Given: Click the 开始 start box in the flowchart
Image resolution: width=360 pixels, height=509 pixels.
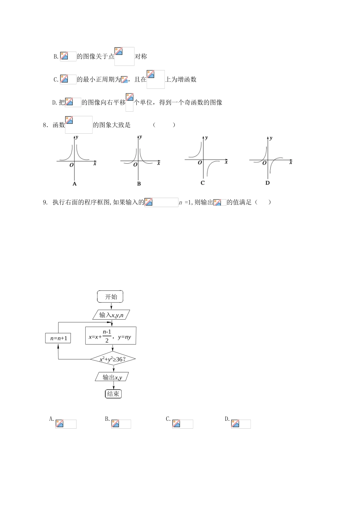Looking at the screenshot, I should (x=110, y=297).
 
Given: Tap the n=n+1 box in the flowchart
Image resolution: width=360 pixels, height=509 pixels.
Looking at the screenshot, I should (x=58, y=338).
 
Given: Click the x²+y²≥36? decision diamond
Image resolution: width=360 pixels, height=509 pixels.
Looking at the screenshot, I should (x=113, y=359).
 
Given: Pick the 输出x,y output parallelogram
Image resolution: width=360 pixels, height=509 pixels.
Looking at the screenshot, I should (x=112, y=377).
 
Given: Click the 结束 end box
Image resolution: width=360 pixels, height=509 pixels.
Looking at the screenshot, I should (x=113, y=394).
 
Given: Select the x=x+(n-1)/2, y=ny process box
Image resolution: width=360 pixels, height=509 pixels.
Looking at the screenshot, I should (x=111, y=336).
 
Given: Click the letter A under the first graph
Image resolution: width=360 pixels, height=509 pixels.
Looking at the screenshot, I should (x=74, y=184).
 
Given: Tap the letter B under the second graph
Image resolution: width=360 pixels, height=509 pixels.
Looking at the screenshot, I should (x=139, y=184).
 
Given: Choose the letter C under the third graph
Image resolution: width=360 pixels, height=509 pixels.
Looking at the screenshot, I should (x=203, y=183).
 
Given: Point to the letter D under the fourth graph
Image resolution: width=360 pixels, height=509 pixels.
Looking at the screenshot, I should (x=268, y=183).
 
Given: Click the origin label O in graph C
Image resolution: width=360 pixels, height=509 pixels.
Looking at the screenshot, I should (x=200, y=163).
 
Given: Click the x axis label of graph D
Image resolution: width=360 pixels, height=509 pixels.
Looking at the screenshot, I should (x=291, y=162).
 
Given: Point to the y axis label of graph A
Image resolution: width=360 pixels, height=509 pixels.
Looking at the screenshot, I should (x=77, y=137).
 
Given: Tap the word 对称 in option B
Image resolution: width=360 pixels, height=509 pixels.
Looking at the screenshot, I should (x=141, y=56).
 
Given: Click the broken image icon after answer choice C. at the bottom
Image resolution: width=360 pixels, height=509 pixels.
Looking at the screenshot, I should (x=176, y=424).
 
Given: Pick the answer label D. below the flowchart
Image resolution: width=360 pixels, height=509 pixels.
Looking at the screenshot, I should (x=227, y=419).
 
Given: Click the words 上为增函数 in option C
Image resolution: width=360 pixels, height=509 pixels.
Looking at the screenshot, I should (x=181, y=80).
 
